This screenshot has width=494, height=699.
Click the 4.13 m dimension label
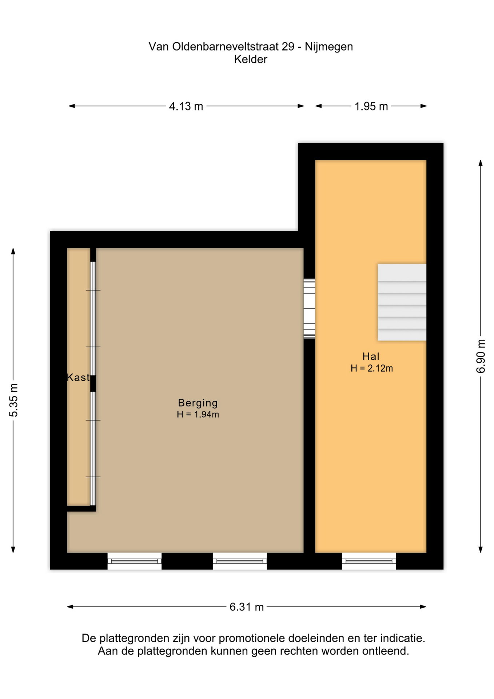click(x=186, y=106)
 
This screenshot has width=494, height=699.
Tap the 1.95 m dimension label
click(x=371, y=106)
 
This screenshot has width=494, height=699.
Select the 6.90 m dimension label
click(x=481, y=356)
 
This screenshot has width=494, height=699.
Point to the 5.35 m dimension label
click(x=13, y=400)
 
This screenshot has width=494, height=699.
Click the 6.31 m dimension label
click(x=246, y=607)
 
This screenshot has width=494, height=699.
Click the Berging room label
click(x=198, y=403)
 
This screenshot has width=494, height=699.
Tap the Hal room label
click(x=371, y=356)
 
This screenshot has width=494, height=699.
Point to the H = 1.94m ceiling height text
click(x=198, y=414)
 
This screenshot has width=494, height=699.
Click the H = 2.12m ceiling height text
click(x=371, y=368)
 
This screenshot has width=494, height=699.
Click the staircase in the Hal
click(x=402, y=302)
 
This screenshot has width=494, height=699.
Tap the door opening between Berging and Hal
click(x=309, y=309)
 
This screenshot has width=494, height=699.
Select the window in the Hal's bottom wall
click(x=369, y=561)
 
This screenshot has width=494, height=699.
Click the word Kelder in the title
click(x=250, y=59)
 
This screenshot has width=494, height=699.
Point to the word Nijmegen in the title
click(x=328, y=47)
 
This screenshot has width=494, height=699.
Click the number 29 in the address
click(x=288, y=47)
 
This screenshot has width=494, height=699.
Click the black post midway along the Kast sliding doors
click(x=93, y=383)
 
